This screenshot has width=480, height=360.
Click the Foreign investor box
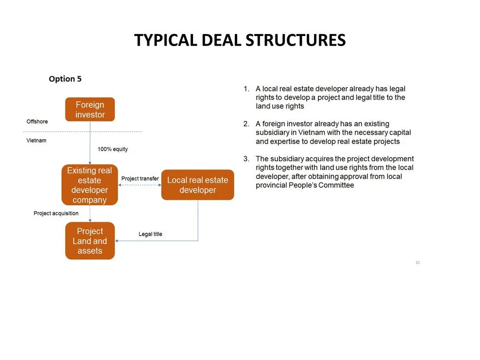90,109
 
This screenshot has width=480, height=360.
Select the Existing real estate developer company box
89,185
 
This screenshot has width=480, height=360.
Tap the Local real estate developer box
197,185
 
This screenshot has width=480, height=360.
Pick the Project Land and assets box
90,241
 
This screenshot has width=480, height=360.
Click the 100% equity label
113,149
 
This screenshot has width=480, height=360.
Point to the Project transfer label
140,179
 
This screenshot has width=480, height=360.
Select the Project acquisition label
56,213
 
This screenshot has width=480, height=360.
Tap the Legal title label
150,234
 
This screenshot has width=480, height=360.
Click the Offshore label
37,121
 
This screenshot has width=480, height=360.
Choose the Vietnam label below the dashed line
36,141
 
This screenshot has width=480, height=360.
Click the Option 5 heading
65,79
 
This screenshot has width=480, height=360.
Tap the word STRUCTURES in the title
295,40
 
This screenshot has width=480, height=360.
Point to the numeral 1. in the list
246,89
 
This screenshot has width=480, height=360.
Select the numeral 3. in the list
246,159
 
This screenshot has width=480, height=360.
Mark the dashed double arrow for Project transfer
139,185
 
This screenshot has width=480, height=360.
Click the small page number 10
418,263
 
